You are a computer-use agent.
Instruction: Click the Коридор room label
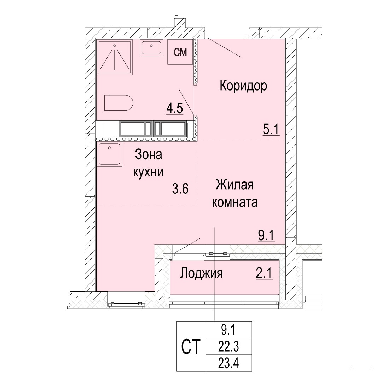pyautogui.click(x=243, y=86)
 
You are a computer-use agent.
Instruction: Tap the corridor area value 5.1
pyautogui.click(x=271, y=129)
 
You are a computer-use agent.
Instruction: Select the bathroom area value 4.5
pyautogui.click(x=175, y=109)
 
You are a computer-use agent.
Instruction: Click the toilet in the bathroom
pyautogui.click(x=118, y=103)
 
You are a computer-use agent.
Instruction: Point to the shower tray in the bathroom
pyautogui.click(x=115, y=57)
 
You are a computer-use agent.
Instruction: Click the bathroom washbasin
pyautogui.click(x=151, y=47)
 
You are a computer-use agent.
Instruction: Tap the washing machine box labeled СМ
pyautogui.click(x=180, y=52)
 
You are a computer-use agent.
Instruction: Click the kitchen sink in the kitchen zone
pyautogui.click(x=109, y=155)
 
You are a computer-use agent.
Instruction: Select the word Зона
pyautogui.click(x=148, y=155)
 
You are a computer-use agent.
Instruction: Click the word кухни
pyautogui.click(x=148, y=172)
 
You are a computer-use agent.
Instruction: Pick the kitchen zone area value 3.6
pyautogui.click(x=180, y=189)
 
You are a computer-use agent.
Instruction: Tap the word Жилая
pyautogui.click(x=235, y=185)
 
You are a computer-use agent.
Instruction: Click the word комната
pyautogui.click(x=235, y=202)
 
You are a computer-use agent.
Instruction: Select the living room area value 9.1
pyautogui.click(x=266, y=236)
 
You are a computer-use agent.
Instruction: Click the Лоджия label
pyautogui.click(x=202, y=273)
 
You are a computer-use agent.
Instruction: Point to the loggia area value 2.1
pyautogui.click(x=264, y=273)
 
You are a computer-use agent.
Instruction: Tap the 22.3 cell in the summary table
pyautogui.click(x=228, y=346)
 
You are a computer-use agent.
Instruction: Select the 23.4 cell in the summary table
pyautogui.click(x=228, y=363)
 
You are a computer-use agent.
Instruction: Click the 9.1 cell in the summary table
pyautogui.click(x=228, y=330)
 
